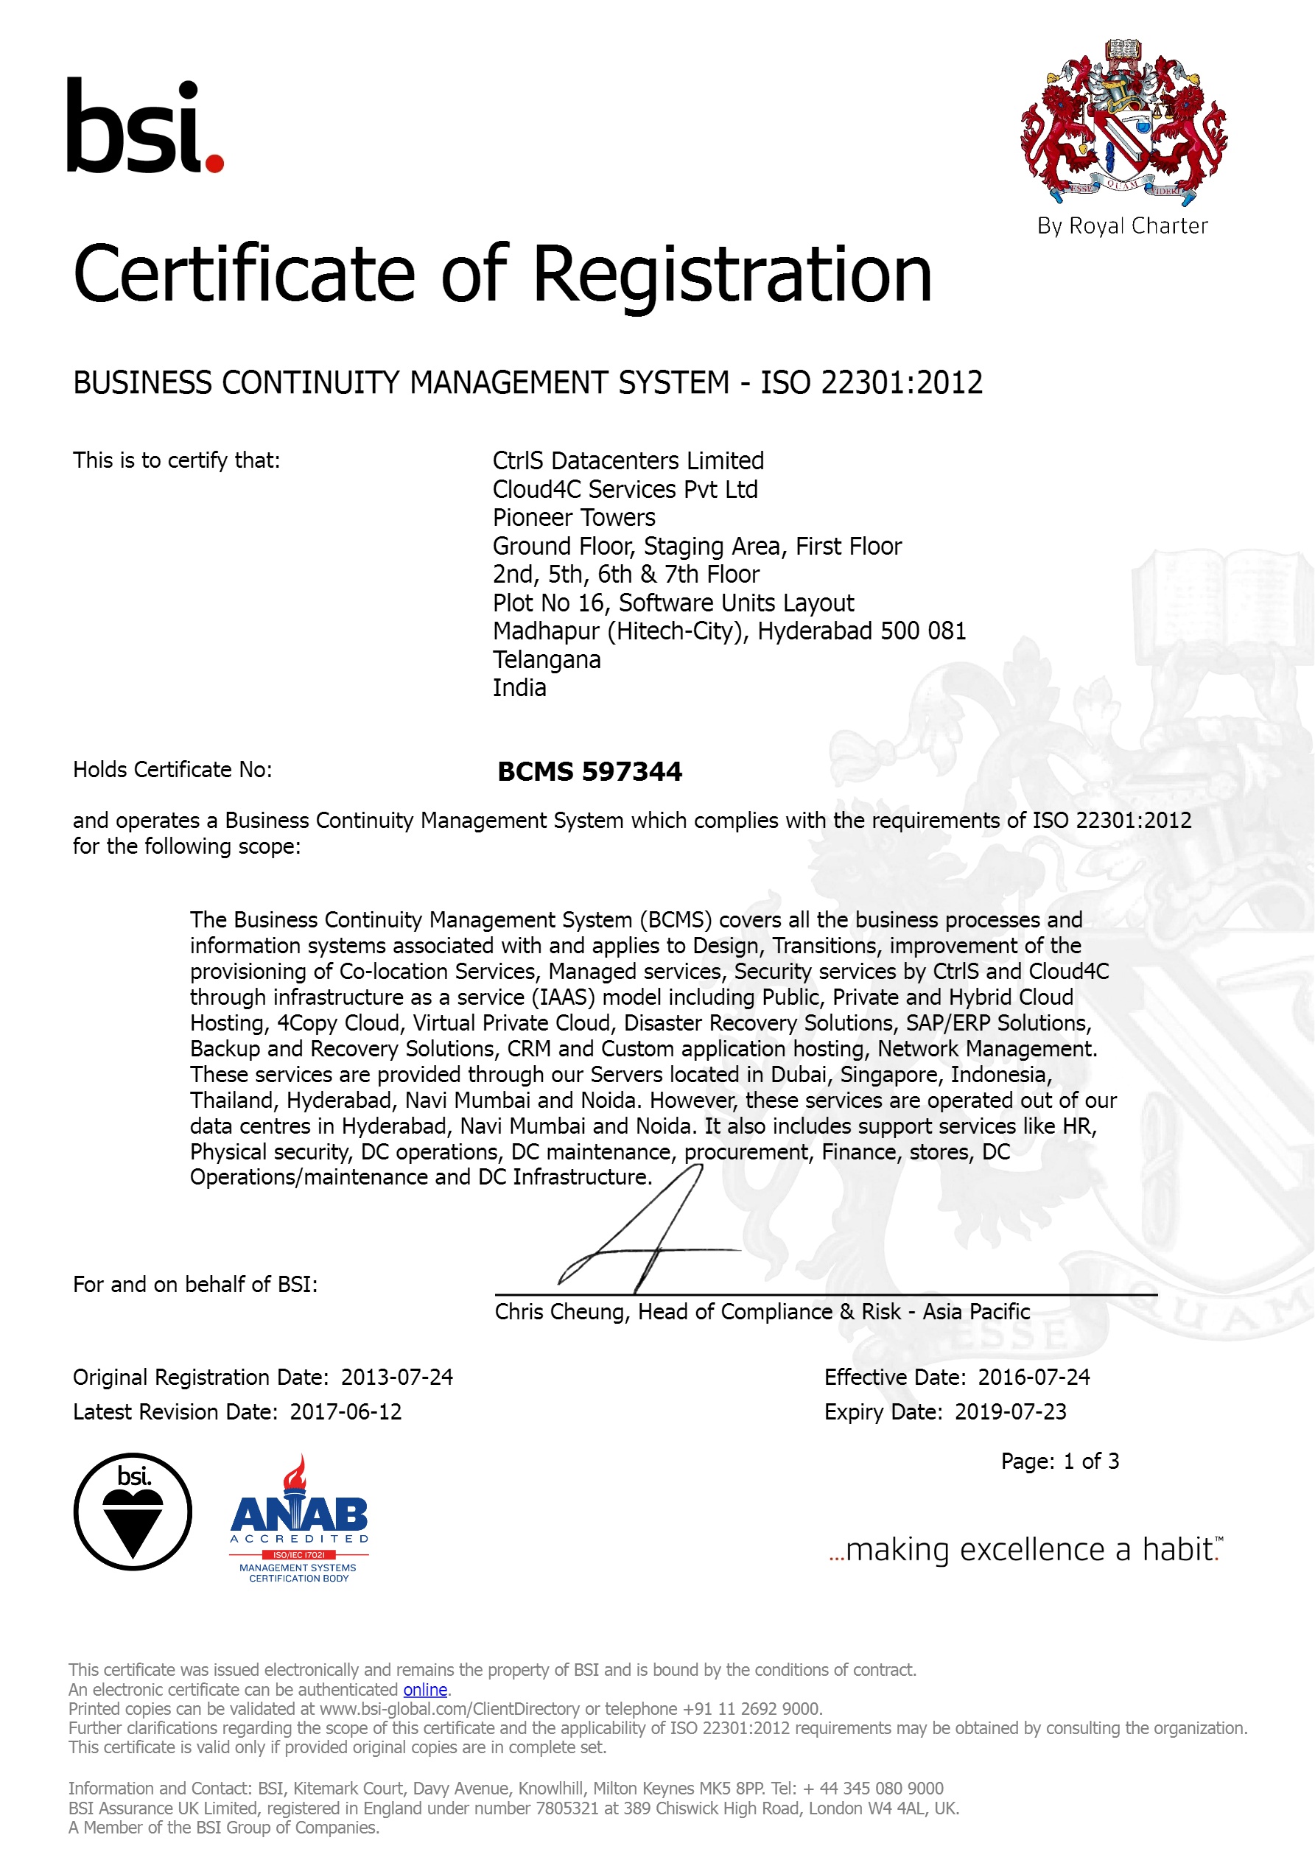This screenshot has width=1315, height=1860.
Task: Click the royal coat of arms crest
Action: click(1122, 122)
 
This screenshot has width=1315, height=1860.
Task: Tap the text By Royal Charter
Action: click(1122, 226)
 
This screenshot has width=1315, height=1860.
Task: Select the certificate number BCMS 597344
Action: click(589, 771)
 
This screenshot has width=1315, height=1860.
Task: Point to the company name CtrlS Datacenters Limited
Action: click(628, 461)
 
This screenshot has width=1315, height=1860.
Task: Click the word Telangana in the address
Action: click(546, 659)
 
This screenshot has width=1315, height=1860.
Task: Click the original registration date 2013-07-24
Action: click(396, 1378)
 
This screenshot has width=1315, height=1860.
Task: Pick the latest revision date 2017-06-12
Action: click(346, 1412)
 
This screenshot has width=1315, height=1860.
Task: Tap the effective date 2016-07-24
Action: click(1033, 1378)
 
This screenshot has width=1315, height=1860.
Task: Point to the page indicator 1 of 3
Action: click(1090, 1461)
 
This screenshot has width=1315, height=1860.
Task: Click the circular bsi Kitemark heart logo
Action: click(133, 1512)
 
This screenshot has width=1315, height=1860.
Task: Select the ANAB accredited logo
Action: click(299, 1520)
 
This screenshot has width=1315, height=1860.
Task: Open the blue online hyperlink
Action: click(424, 1690)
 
